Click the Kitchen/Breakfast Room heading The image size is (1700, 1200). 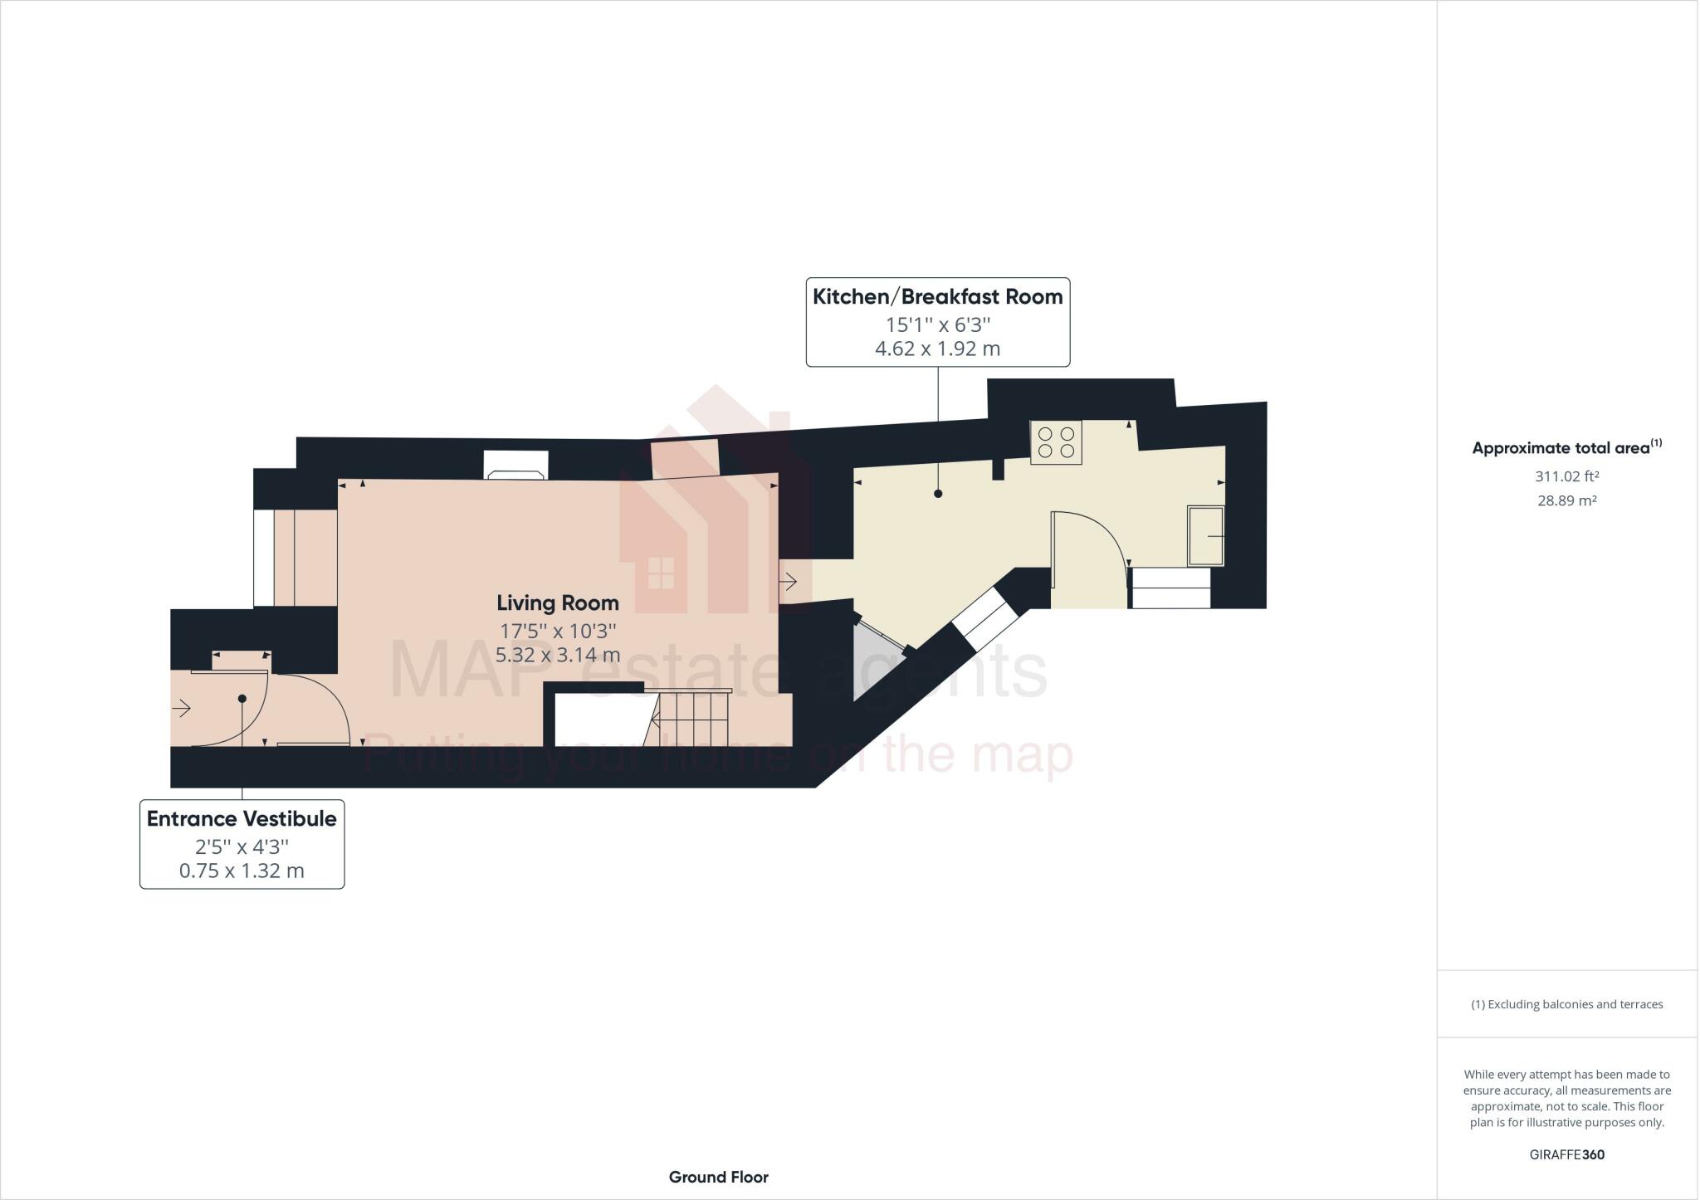(x=937, y=297)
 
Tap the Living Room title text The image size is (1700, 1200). (x=558, y=603)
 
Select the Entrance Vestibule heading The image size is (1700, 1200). (x=242, y=819)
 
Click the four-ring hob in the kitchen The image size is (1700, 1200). (x=1056, y=442)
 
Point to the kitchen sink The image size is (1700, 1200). (x=1205, y=536)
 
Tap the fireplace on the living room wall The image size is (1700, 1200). (x=515, y=466)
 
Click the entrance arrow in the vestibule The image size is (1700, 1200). (x=182, y=708)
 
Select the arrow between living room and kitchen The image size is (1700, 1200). (x=788, y=582)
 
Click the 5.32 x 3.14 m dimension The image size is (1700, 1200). (x=558, y=655)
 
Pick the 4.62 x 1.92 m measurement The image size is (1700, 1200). (x=937, y=349)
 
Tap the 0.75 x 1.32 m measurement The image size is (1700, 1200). (x=242, y=871)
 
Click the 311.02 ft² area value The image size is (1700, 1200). (x=1566, y=476)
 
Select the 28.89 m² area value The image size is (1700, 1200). (x=1566, y=500)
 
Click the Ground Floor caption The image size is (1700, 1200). (x=718, y=1177)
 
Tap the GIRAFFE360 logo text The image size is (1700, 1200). (x=1566, y=1154)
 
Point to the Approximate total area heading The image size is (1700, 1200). (x=1566, y=448)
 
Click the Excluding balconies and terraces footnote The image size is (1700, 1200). (x=1566, y=1004)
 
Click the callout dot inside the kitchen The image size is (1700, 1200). (x=938, y=494)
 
